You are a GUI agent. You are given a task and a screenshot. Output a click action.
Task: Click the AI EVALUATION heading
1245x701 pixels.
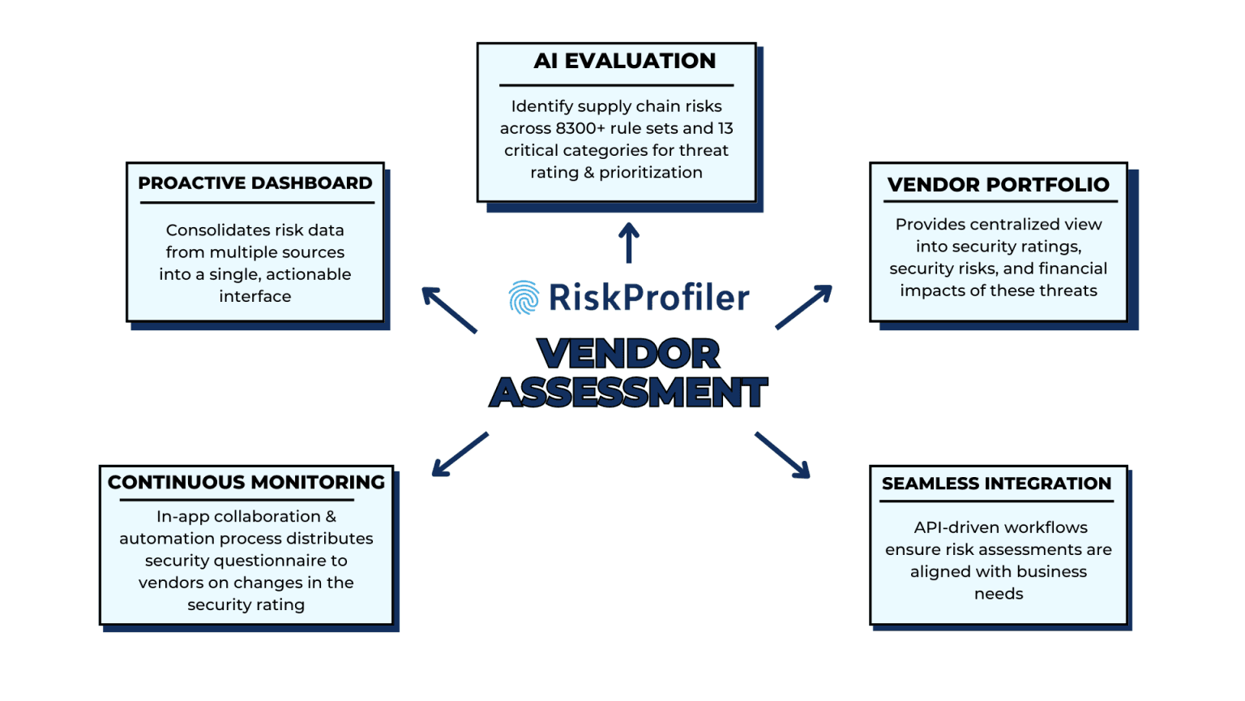click(624, 61)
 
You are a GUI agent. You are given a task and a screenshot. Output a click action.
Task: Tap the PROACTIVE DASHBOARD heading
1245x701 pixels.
click(255, 183)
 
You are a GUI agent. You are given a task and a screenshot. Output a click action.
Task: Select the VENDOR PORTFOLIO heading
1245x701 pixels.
click(998, 185)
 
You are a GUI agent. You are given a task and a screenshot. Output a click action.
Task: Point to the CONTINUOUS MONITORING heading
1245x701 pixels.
click(246, 483)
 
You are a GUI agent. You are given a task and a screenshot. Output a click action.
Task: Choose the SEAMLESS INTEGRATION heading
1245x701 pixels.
click(996, 484)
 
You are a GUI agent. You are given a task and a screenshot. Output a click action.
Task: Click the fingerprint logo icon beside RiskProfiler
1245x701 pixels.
click(524, 298)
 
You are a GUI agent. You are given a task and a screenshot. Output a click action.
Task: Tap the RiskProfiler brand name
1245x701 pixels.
click(648, 298)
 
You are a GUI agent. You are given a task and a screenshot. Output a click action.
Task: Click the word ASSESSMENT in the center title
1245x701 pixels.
click(628, 393)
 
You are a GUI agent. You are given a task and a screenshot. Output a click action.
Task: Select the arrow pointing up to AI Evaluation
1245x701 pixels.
click(629, 243)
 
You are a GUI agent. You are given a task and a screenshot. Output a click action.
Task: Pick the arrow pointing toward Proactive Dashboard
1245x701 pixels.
click(449, 309)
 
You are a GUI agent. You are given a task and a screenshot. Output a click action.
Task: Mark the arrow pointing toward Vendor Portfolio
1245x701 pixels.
click(804, 307)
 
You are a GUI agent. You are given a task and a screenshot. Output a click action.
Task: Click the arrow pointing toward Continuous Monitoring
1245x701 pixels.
click(460, 454)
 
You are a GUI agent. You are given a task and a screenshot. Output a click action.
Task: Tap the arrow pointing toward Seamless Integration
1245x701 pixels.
click(783, 455)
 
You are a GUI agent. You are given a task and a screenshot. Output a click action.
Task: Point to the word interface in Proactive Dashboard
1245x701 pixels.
click(255, 297)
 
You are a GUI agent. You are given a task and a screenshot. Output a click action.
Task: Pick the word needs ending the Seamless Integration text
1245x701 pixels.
click(999, 594)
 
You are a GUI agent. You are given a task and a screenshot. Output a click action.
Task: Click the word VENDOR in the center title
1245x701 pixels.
click(628, 354)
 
